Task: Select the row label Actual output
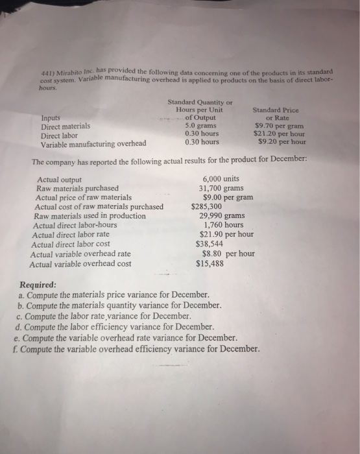pos(60,180)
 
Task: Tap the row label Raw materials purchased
pos(78,189)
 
